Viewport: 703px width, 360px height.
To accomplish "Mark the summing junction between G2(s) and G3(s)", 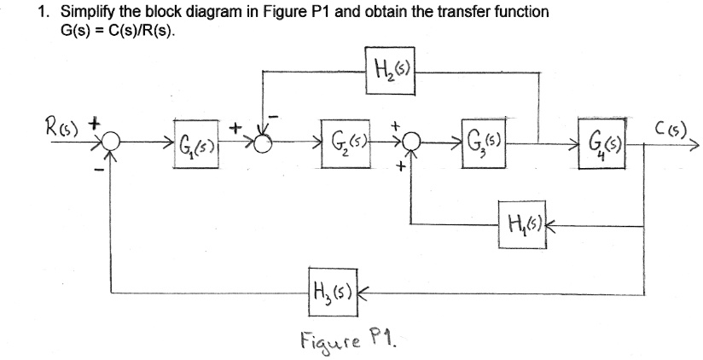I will point(411,141).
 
